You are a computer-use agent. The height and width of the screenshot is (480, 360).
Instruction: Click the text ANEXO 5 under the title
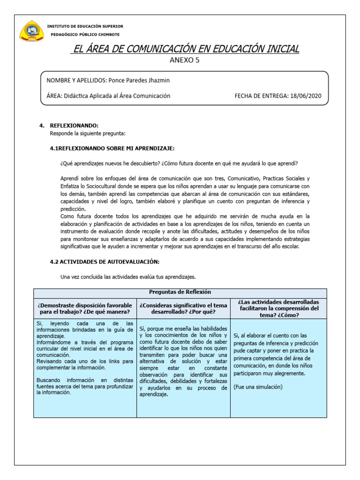(184, 60)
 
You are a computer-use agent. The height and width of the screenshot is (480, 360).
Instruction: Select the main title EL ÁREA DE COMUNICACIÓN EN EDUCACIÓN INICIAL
(184, 49)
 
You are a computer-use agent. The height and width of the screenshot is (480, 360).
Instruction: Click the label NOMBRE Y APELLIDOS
(76, 80)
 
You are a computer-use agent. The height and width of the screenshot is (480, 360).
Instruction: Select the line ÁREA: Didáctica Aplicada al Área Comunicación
(108, 96)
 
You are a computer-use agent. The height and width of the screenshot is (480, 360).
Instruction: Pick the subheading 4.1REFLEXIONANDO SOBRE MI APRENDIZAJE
(112, 148)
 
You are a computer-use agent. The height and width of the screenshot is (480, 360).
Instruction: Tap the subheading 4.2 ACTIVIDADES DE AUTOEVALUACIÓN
(105, 262)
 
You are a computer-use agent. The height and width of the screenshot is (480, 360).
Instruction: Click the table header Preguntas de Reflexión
(180, 292)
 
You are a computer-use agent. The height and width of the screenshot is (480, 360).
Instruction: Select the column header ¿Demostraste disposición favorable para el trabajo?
(85, 308)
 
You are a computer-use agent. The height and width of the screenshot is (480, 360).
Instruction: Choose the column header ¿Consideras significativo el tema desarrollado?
(183, 308)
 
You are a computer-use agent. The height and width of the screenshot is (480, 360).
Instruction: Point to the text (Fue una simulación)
(258, 387)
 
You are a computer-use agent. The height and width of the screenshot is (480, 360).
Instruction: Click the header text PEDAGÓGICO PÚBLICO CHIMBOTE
(85, 34)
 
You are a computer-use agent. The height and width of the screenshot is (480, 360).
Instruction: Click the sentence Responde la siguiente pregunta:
(88, 133)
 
